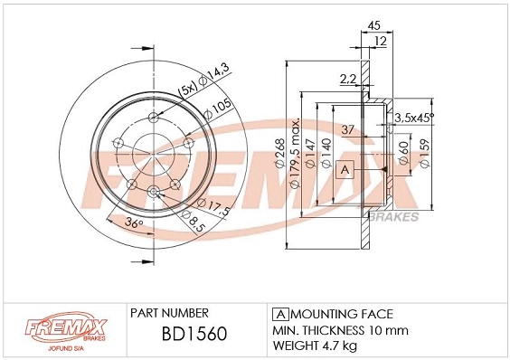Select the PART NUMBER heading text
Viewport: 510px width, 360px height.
tap(170, 311)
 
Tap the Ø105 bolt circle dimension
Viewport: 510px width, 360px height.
tap(220, 109)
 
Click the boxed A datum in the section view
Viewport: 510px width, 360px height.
tap(344, 169)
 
